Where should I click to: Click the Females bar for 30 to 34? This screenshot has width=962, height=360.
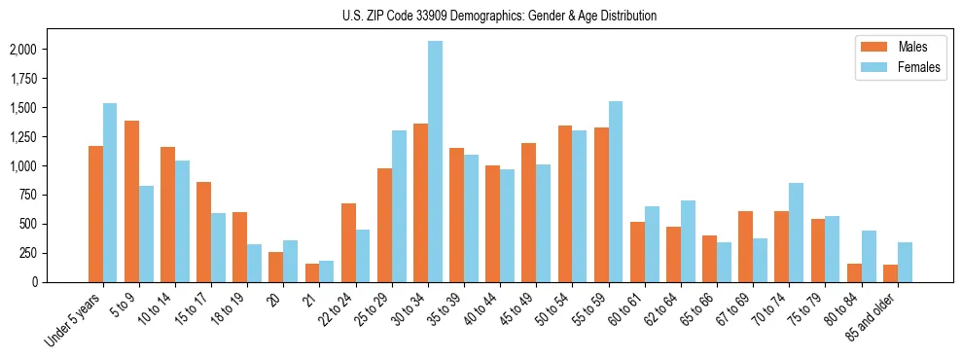(435, 162)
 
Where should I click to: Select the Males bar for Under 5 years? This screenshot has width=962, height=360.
(95, 214)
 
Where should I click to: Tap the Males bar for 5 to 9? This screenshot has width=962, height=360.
(131, 201)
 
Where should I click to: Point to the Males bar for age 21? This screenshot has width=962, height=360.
(311, 272)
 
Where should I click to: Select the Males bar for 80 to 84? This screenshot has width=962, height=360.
(854, 272)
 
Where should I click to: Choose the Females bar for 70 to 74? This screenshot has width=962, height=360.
(796, 233)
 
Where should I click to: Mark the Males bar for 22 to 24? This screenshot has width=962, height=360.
(348, 242)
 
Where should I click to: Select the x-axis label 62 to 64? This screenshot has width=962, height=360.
(661, 307)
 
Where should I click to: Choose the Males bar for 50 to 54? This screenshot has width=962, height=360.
(565, 203)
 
